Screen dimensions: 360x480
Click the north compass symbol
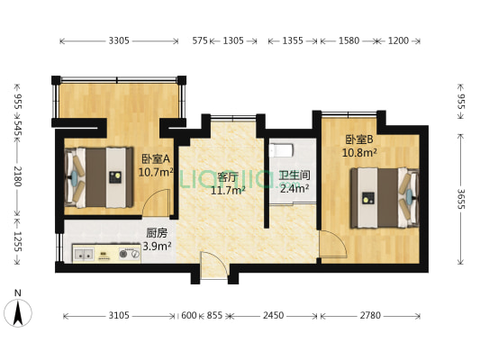point(18,310)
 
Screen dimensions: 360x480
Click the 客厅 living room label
point(227,176)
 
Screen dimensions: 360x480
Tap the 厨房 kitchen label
point(157,231)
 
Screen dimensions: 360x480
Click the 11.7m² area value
point(227,190)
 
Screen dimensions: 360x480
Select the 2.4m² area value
point(294,189)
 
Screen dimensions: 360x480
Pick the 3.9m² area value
point(157,245)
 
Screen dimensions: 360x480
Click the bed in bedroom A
point(99,176)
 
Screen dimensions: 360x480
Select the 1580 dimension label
point(346,40)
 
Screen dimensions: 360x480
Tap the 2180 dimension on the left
point(17,176)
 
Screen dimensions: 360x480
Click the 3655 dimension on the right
point(461,198)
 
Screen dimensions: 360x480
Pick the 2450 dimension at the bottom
point(273,316)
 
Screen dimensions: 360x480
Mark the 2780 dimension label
point(370,316)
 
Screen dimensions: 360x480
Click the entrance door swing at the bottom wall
point(213,266)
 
